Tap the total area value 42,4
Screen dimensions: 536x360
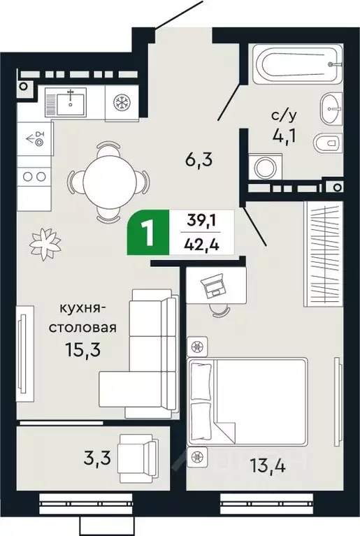(201, 245)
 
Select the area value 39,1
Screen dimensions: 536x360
(201, 222)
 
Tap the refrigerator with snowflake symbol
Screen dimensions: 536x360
(124, 102)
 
